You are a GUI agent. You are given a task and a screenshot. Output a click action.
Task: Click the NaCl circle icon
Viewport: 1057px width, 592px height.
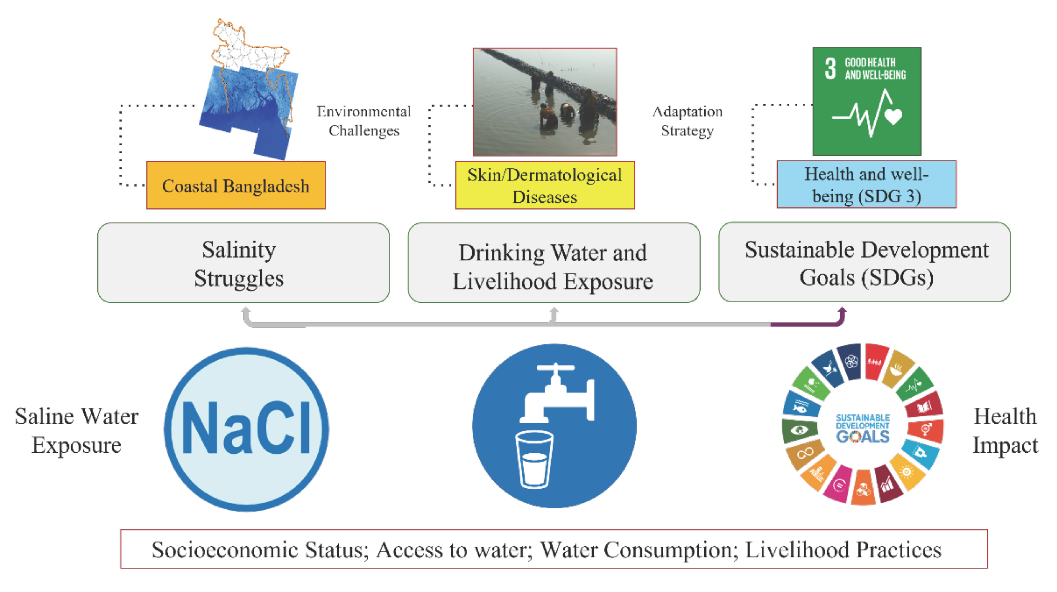(246, 429)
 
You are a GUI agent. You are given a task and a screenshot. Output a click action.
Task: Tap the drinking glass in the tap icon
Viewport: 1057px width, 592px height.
(534, 459)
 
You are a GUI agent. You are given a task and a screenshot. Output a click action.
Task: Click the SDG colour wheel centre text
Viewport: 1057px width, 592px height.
(863, 428)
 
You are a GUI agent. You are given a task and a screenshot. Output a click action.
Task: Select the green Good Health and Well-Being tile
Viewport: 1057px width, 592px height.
(867, 101)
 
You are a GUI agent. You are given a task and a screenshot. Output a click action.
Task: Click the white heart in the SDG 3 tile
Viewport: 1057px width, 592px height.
(893, 116)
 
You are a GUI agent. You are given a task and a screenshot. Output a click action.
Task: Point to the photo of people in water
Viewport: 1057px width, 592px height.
(545, 102)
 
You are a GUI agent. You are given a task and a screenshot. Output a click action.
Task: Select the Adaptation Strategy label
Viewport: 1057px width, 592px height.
(687, 121)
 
